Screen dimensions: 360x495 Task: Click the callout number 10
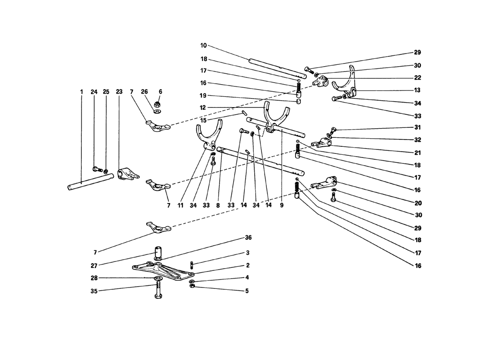pyautogui.click(x=203, y=45)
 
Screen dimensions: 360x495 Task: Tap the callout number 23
pyautogui.click(x=119, y=92)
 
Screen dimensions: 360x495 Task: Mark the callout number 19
pyautogui.click(x=203, y=96)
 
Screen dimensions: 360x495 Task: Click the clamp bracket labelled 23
pyautogui.click(x=128, y=174)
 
